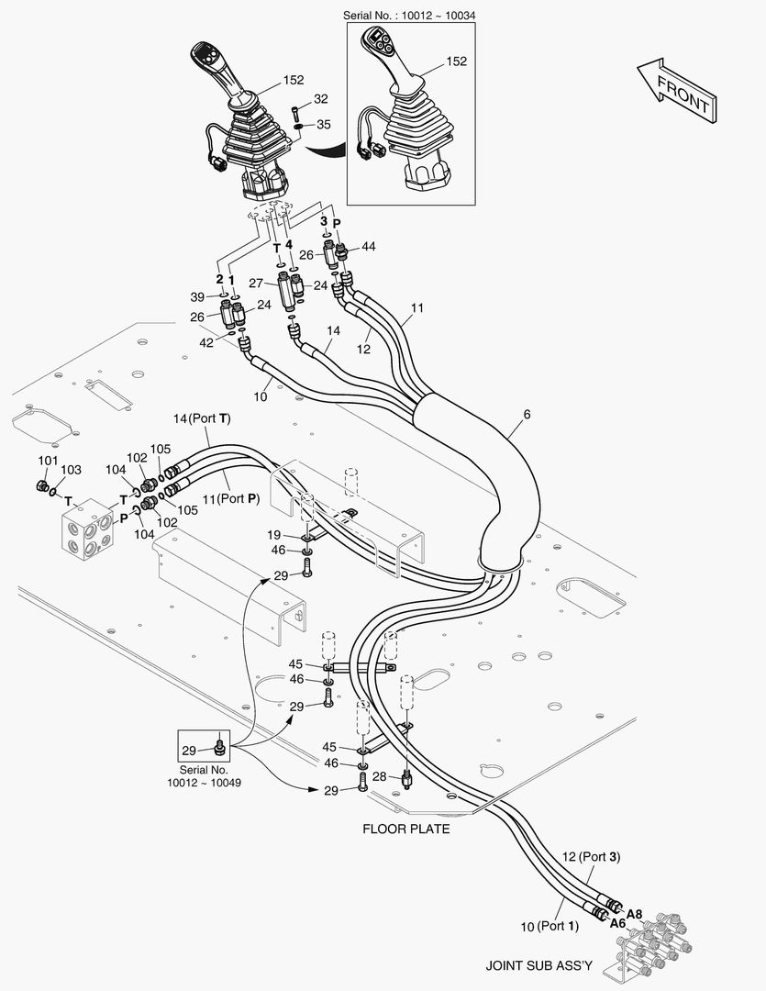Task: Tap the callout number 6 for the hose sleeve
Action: (x=527, y=415)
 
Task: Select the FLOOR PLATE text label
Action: (x=406, y=829)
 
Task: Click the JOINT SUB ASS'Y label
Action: (x=539, y=965)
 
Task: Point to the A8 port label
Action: (x=635, y=914)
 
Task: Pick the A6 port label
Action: (x=618, y=923)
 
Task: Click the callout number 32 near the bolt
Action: (x=321, y=98)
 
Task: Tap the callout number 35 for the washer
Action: (x=324, y=124)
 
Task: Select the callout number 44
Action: (x=369, y=246)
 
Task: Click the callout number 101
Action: (x=48, y=461)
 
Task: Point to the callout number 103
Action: (x=71, y=470)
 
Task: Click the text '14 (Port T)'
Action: (x=202, y=418)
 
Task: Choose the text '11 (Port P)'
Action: (x=231, y=498)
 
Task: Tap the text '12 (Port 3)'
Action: (x=591, y=856)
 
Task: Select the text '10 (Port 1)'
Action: (x=550, y=927)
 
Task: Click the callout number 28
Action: (x=379, y=776)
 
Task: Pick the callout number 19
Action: (x=273, y=536)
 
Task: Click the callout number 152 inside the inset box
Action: (x=456, y=61)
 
